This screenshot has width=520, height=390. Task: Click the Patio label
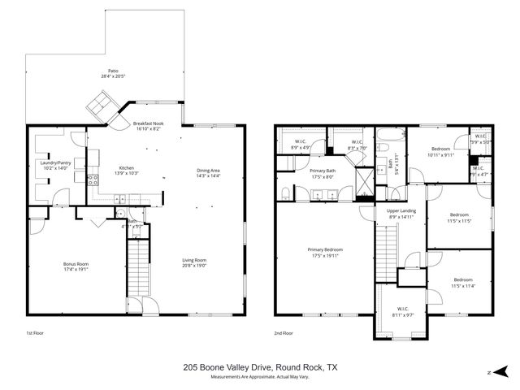click(114, 71)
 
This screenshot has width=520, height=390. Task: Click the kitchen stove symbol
click(93, 180)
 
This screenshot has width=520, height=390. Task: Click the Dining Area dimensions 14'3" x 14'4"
click(209, 175)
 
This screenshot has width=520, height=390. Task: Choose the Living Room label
click(194, 261)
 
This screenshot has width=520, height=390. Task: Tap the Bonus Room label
click(76, 263)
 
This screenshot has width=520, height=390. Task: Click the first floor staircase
click(139, 268)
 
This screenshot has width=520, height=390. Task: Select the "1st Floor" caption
click(36, 333)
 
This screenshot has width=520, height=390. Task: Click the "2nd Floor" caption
click(284, 333)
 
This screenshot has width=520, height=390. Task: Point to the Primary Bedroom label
click(323, 249)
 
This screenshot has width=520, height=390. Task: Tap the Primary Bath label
click(323, 171)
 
